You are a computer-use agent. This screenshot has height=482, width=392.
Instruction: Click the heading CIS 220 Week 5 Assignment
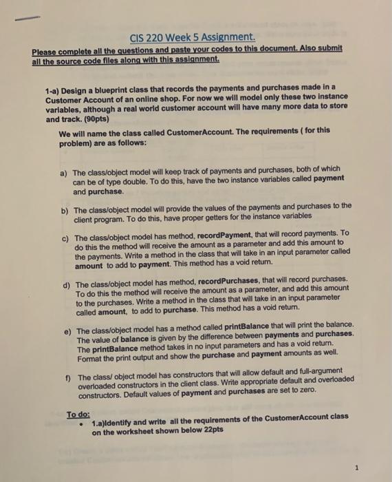pos(196,36)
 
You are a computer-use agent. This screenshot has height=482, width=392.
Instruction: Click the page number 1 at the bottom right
pos(357,468)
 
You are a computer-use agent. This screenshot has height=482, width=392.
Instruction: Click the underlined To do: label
pos(78,415)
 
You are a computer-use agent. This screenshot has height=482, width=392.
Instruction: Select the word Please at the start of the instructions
pos(46,50)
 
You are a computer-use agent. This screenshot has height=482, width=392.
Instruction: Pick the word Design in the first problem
pos(83,90)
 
